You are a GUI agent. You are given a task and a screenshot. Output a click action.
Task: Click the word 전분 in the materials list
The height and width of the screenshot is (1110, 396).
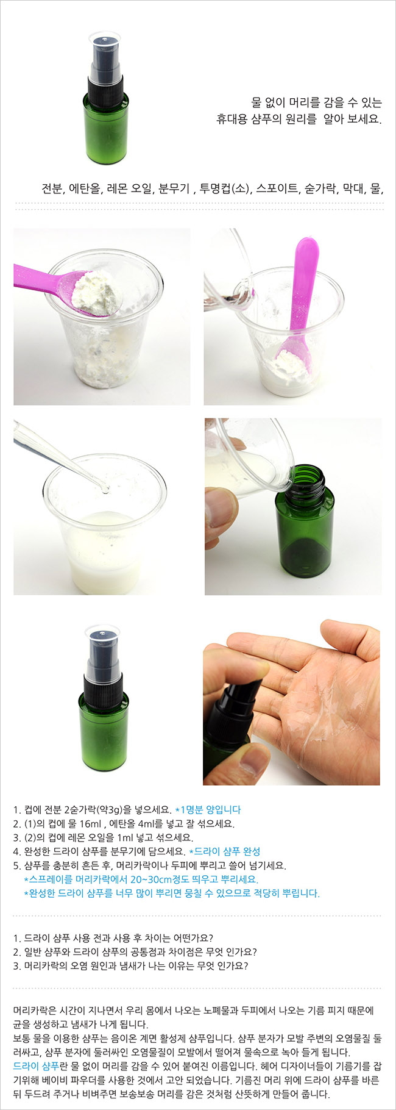point(52,188)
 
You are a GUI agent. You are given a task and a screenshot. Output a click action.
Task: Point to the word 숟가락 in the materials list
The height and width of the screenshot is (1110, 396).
point(320,188)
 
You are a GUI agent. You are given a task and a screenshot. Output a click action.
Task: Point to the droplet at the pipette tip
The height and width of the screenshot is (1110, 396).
point(106,489)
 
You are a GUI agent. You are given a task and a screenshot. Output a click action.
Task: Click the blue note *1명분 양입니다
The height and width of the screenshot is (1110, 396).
point(208,810)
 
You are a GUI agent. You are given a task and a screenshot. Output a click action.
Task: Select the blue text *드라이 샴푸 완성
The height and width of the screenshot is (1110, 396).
point(225,851)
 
